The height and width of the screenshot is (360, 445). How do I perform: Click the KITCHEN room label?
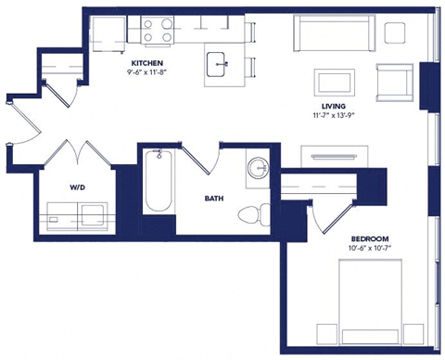[147, 63]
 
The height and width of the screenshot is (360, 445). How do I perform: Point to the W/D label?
[78, 186]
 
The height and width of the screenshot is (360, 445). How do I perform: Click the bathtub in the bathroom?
[159, 183]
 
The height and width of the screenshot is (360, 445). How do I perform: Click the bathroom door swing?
[209, 160]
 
